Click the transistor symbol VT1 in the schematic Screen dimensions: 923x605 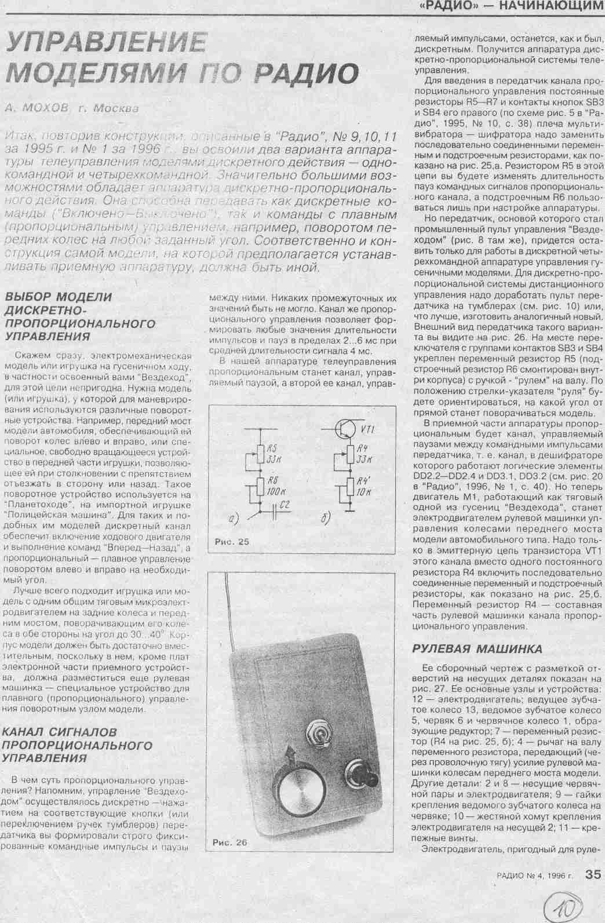pos(345,429)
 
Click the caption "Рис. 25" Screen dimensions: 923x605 pos(231,542)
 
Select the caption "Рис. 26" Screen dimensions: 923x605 pos(229,842)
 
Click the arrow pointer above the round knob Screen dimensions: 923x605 pos(290,755)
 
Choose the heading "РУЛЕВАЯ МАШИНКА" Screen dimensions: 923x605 pos(477,648)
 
